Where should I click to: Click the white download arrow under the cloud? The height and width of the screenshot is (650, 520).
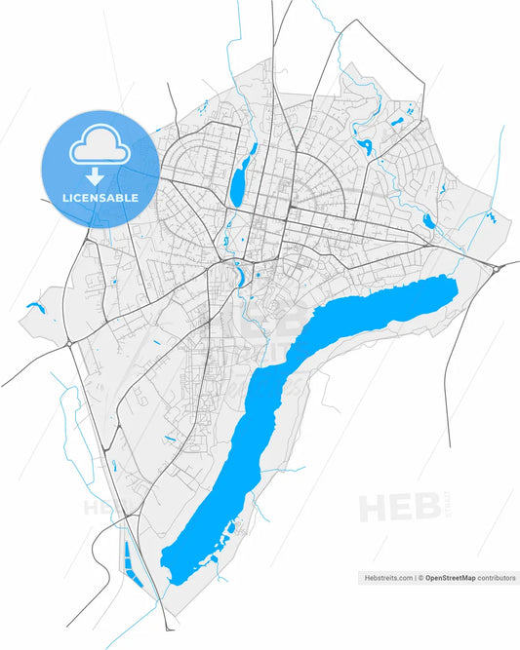coord(96,176)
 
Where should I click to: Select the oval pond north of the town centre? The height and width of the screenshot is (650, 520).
coord(237,184)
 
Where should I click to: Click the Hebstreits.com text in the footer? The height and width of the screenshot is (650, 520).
coord(385,578)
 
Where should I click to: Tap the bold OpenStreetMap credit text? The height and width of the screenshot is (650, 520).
coord(450,578)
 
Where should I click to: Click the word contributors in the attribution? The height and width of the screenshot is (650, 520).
coord(497,578)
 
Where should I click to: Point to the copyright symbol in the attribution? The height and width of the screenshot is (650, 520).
coord(420,578)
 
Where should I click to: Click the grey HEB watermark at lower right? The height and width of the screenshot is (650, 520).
coord(391,508)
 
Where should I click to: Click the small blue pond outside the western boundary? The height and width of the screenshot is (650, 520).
coord(36,308)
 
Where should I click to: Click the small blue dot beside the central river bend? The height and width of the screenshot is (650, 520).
coord(257,275)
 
